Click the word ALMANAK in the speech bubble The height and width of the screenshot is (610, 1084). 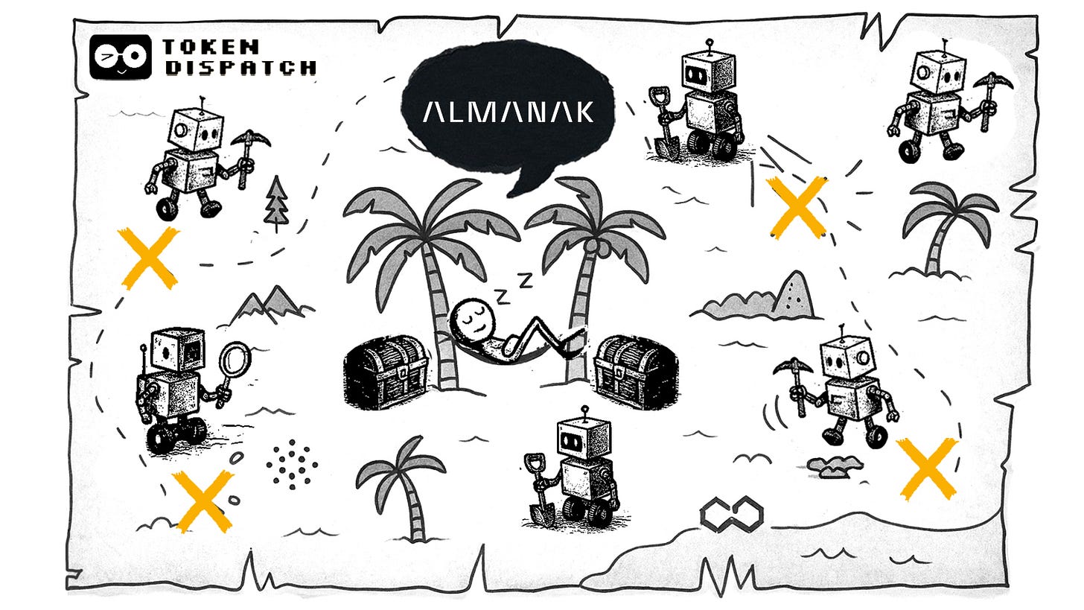(x=508, y=112)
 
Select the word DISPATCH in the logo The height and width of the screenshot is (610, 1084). (x=240, y=68)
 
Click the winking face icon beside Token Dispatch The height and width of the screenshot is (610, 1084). (x=119, y=57)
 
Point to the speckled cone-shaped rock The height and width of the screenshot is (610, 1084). (x=791, y=295)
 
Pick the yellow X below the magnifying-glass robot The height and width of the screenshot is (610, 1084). (x=203, y=502)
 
